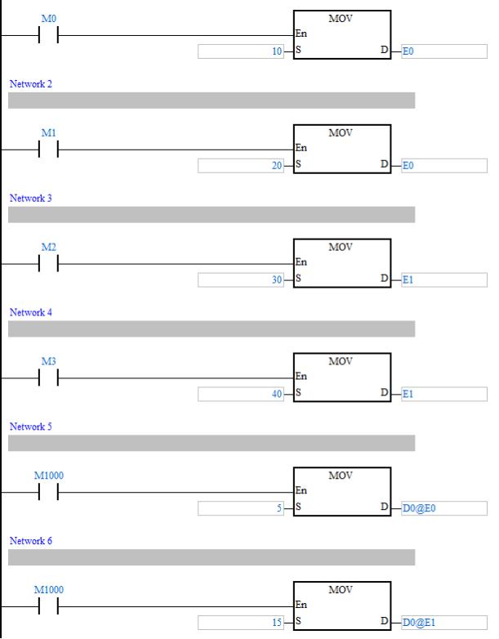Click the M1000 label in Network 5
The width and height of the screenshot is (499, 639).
(49, 475)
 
